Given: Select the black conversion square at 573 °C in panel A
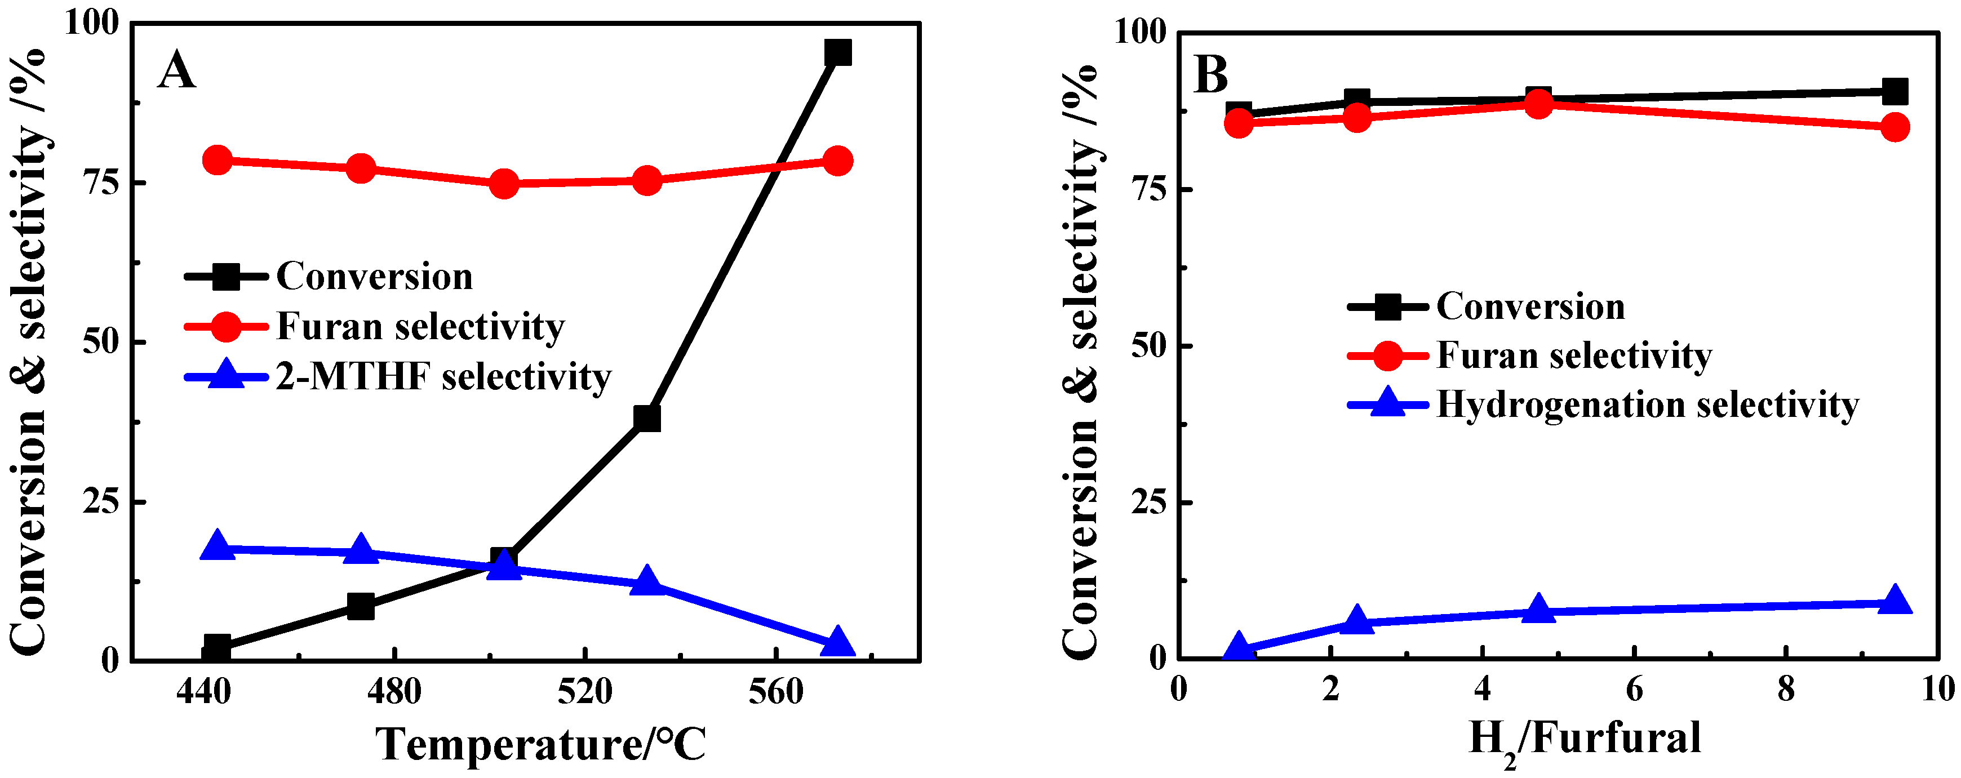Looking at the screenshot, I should coord(837,52).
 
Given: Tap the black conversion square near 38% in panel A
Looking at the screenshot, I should coord(646,418).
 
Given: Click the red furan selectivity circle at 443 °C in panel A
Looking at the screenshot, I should coord(218,160).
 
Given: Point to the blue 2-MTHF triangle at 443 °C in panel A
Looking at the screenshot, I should coord(218,546).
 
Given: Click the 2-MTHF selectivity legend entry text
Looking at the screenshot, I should coord(443,376).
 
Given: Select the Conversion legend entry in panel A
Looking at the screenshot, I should coord(374,275).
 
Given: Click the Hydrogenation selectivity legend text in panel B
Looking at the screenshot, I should coord(1647,404).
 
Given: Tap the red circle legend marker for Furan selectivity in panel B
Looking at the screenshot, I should coord(1387,355).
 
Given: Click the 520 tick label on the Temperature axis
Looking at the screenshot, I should coord(585,692).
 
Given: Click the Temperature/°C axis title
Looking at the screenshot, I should coord(540,744).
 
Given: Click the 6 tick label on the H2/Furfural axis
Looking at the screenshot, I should coord(1634,690).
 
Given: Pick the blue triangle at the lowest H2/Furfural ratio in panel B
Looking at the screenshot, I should coord(1239,647).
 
